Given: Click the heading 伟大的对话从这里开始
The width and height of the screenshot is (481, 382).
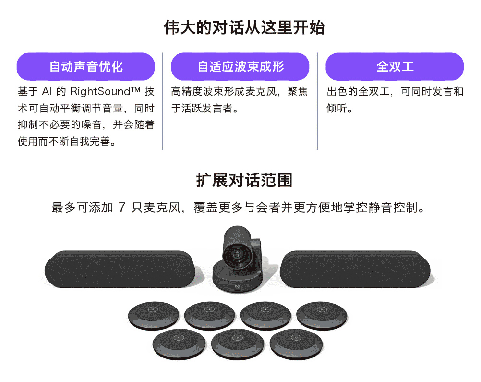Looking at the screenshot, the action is click(x=244, y=28).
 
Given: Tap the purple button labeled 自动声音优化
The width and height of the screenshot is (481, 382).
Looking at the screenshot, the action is click(x=85, y=67).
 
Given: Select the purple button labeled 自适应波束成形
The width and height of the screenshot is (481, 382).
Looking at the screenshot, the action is click(x=240, y=67).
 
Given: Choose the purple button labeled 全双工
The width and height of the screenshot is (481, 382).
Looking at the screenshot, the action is click(x=395, y=67).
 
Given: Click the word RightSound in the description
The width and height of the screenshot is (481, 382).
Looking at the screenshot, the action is click(x=105, y=91).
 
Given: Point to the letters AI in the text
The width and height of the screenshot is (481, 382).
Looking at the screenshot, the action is click(x=47, y=91).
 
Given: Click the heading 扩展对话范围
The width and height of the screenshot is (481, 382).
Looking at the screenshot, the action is click(x=244, y=180).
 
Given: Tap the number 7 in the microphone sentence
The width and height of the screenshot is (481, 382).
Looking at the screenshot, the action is click(x=122, y=208).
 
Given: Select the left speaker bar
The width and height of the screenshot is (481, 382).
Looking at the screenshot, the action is click(x=120, y=269).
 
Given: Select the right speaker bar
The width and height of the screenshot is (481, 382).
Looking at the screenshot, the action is click(x=355, y=269).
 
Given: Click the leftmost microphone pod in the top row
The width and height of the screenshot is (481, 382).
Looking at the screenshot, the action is click(x=154, y=316).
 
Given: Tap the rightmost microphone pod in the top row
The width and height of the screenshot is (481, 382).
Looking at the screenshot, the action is click(x=322, y=316).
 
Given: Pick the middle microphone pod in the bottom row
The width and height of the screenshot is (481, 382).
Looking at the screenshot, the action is click(x=238, y=344).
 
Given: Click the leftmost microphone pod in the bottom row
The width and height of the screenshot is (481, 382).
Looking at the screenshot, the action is click(x=179, y=344).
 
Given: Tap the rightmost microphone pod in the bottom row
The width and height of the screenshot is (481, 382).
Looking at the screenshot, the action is click(x=296, y=344).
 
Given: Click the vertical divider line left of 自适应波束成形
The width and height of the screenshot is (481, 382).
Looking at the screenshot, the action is click(x=163, y=101).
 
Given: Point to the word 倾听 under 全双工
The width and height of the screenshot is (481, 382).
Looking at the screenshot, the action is click(x=337, y=108).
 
